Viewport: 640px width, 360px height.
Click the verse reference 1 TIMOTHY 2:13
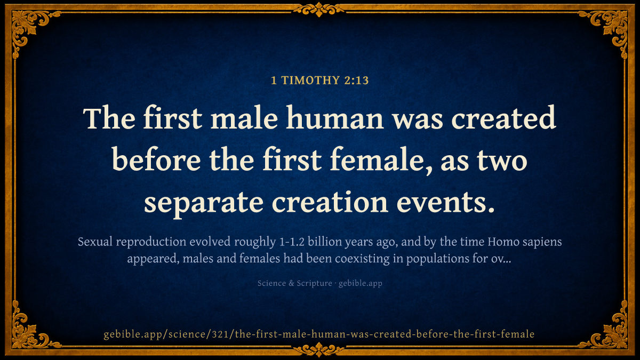coord(319,81)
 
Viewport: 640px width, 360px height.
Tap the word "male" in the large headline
coord(244,118)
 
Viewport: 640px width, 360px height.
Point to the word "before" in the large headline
coord(156,159)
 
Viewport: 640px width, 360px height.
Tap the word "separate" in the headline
coord(203,203)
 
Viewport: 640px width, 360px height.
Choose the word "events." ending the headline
coord(446,202)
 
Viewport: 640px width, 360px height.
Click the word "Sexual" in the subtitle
coord(95,242)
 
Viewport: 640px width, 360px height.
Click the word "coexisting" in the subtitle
coord(362,259)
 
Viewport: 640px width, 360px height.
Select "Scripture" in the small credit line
coord(314,283)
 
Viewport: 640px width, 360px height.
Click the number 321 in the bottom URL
coord(220,334)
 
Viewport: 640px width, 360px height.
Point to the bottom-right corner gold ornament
coord(611,331)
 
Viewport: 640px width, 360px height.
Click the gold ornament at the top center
coord(319,10)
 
